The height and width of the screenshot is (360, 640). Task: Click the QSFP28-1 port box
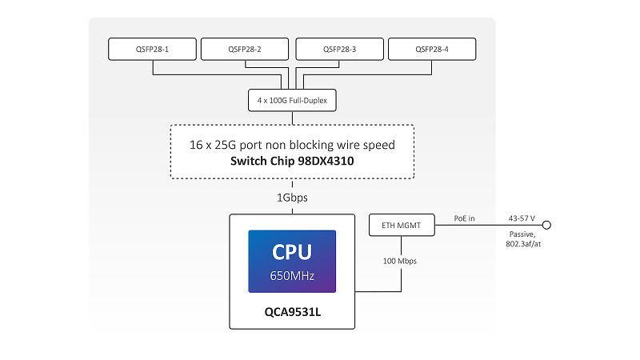(x=152, y=49)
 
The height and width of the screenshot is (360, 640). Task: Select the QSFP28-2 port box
(x=245, y=49)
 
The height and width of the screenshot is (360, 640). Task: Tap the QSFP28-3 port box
(x=339, y=49)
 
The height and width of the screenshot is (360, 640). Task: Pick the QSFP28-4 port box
(x=432, y=49)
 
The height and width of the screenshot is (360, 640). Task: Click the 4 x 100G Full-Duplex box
(x=292, y=100)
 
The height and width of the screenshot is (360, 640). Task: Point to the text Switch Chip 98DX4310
(x=292, y=161)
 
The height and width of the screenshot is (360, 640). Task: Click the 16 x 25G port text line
(x=292, y=145)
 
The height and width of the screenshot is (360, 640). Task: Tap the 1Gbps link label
(x=292, y=198)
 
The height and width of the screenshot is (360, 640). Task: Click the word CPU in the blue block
(x=292, y=252)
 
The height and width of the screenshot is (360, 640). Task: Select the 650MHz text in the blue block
(x=292, y=276)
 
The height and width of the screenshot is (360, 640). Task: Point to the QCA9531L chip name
(x=292, y=312)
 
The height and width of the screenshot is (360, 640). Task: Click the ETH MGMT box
(x=402, y=225)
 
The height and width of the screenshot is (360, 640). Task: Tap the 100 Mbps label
(x=399, y=261)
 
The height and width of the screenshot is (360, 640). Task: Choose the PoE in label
(x=465, y=218)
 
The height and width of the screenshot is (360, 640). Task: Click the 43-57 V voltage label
(x=522, y=218)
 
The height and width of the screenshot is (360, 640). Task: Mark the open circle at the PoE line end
(x=547, y=225)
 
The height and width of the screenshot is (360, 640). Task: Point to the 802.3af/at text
(x=523, y=244)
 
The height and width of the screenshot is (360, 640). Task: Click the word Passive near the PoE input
(x=522, y=234)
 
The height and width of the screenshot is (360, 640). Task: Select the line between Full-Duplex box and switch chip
(x=292, y=118)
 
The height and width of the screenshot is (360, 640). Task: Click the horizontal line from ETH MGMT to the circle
(x=489, y=225)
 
